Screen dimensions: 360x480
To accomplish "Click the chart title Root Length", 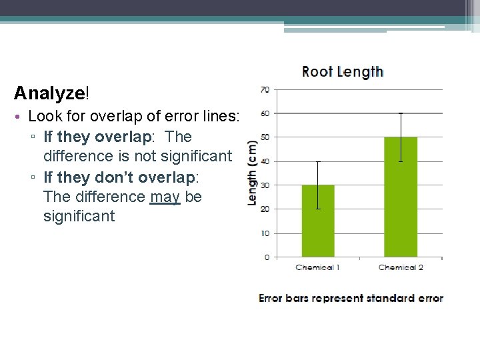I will pyautogui.click(x=342, y=72).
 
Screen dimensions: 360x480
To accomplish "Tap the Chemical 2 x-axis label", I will pyautogui.click(x=401, y=267).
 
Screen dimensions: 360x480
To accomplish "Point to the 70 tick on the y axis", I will pyautogui.click(x=265, y=89).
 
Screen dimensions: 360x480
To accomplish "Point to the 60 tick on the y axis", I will pyautogui.click(x=265, y=113).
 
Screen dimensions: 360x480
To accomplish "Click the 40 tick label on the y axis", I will pyautogui.click(x=265, y=161).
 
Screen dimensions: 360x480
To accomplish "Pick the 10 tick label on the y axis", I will pyautogui.click(x=265, y=233).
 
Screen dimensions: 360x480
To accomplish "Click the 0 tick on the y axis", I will pyautogui.click(x=267, y=257).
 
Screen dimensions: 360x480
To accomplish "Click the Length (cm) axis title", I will pyautogui.click(x=253, y=172).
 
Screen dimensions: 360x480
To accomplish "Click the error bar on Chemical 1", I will pyautogui.click(x=318, y=185).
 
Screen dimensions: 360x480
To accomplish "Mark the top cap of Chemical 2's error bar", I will pyautogui.click(x=401, y=113).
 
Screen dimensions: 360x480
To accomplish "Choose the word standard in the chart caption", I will pyautogui.click(x=387, y=299).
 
